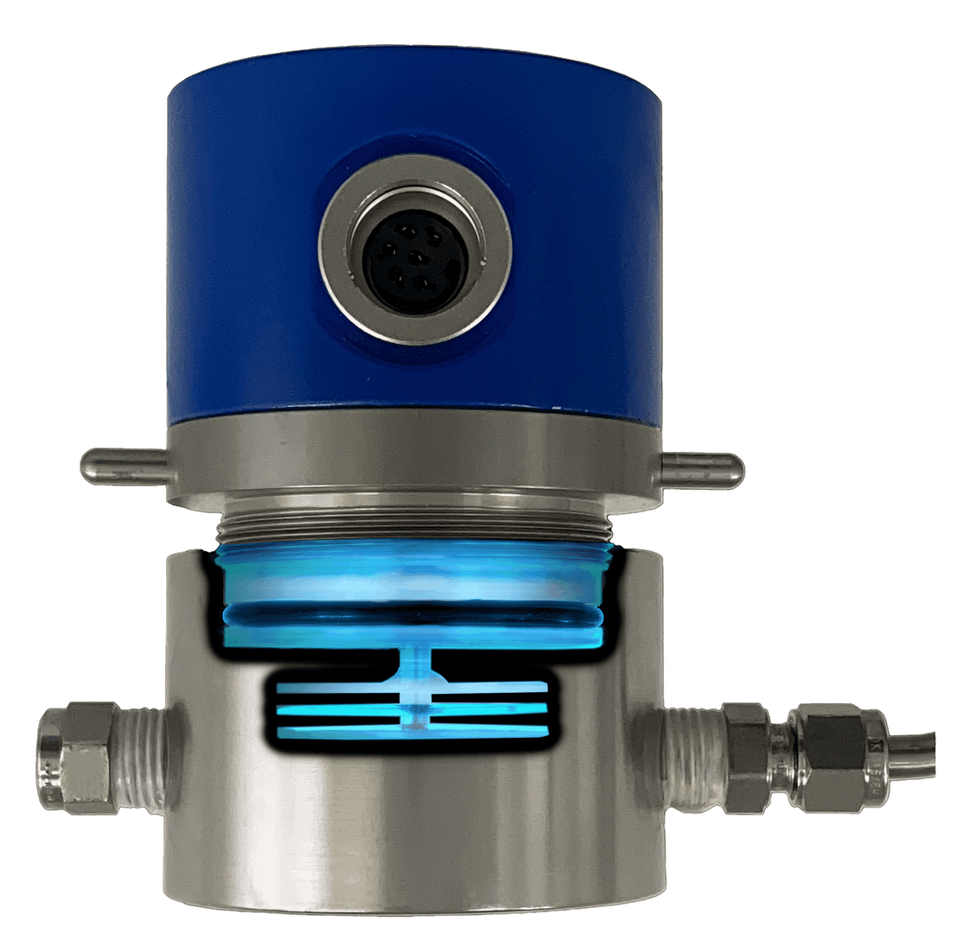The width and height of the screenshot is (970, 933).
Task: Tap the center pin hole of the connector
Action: tap(417, 257)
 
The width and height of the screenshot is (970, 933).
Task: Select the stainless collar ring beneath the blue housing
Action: tap(415, 462)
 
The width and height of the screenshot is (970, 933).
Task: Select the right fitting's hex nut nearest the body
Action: tap(750, 752)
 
